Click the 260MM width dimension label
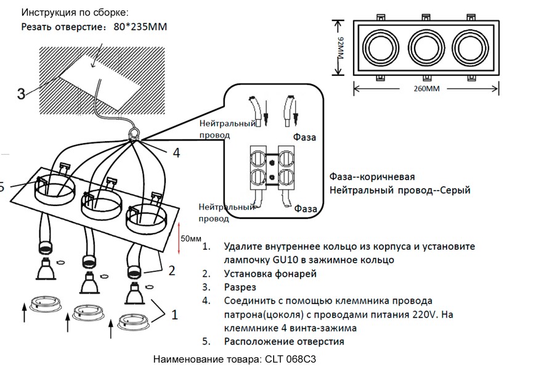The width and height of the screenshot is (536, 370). tap(423, 89)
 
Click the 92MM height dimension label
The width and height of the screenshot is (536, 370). tap(340, 48)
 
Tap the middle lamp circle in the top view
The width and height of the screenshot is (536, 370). tap(424, 47)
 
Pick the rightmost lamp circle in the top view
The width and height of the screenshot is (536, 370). tap(469, 47)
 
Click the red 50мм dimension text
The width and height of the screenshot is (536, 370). tap(190, 239)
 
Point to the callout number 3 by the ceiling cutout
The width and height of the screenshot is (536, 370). tap(21, 94)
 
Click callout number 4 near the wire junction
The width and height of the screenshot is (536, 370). tap(176, 152)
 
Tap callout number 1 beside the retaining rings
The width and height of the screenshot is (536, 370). tap(174, 314)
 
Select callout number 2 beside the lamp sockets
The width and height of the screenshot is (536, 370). tap(172, 269)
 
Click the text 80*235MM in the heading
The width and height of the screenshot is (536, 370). tap(140, 27)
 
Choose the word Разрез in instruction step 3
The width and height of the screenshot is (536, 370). tap(241, 287)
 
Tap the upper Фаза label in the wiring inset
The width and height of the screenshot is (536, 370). tap(304, 138)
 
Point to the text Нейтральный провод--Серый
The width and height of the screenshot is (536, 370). tap(399, 191)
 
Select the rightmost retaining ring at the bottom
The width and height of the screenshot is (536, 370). tap(134, 320)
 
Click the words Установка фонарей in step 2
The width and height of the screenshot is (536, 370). tap(270, 274)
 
